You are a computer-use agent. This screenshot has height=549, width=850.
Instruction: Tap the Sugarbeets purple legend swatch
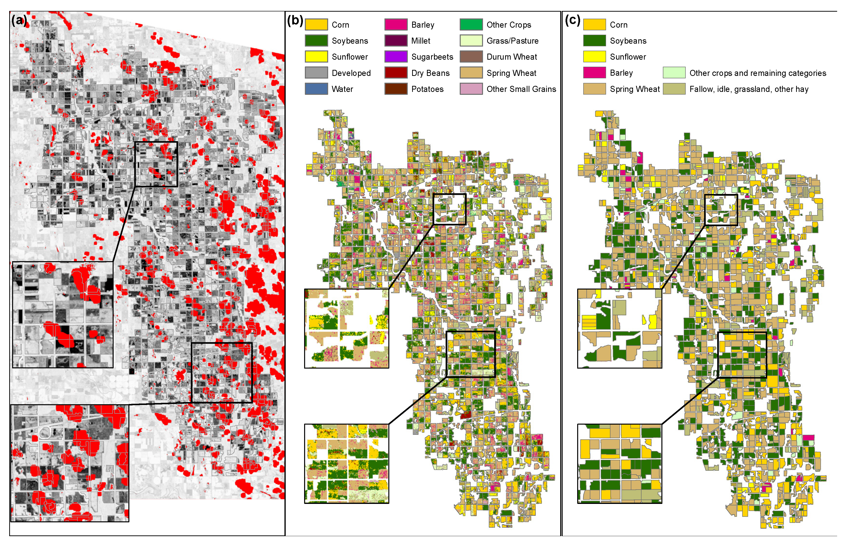point(395,57)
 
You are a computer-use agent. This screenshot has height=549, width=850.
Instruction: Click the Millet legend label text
point(420,41)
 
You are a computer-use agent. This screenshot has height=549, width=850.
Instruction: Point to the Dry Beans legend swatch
point(395,73)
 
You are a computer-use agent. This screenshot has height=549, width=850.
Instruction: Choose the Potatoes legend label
point(427,89)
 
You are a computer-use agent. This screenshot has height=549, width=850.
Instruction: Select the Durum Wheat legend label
point(511,57)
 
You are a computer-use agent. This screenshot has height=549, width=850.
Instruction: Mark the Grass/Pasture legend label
point(512,41)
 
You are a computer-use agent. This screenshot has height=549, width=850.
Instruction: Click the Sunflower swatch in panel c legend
point(594,57)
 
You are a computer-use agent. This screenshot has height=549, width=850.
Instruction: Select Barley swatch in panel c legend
point(594,73)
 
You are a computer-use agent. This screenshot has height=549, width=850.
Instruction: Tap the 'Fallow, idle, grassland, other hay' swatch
point(674,89)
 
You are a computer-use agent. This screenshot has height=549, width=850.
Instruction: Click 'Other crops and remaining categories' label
point(757,73)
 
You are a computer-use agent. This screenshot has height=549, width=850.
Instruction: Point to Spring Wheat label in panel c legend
point(634,89)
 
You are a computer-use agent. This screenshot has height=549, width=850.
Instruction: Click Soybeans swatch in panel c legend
point(594,41)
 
